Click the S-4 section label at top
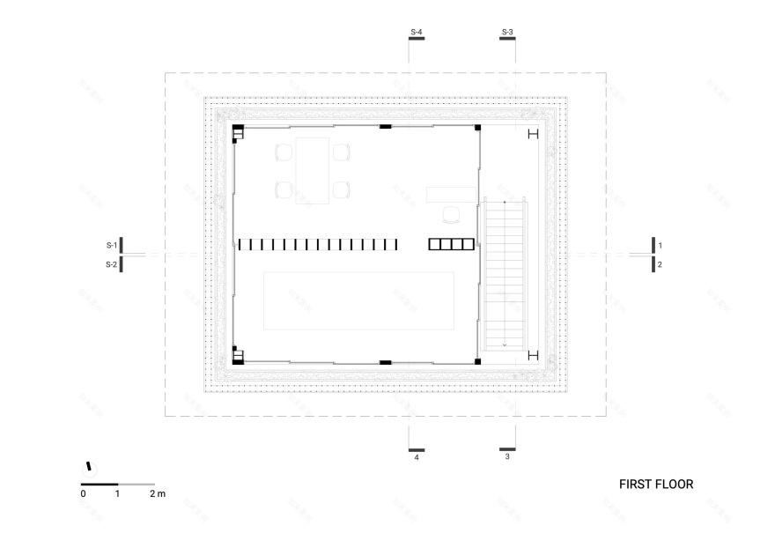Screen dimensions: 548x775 coord(417,33)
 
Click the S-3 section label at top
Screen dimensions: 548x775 coord(507,33)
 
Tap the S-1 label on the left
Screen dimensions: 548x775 coord(111,245)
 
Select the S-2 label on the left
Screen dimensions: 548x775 coord(111,263)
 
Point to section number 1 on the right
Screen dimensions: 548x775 coord(660,245)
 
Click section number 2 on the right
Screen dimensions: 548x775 coord(660,263)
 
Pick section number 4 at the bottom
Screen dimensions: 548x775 coord(417,457)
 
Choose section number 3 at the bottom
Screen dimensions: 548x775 coord(507,457)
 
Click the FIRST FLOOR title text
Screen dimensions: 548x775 coord(656,484)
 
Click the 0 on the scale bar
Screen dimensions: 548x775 coord(83,494)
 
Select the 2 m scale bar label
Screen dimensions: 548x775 coord(157,494)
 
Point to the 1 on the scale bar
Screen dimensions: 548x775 coord(117,494)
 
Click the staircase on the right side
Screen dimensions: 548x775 coord(504,273)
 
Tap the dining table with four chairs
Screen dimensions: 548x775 coord(313,170)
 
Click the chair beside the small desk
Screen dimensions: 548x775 coord(451,213)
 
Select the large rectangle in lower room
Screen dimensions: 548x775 coord(358,300)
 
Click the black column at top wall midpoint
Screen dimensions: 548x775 coord(385,128)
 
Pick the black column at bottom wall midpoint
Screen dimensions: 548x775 coord(385,361)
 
